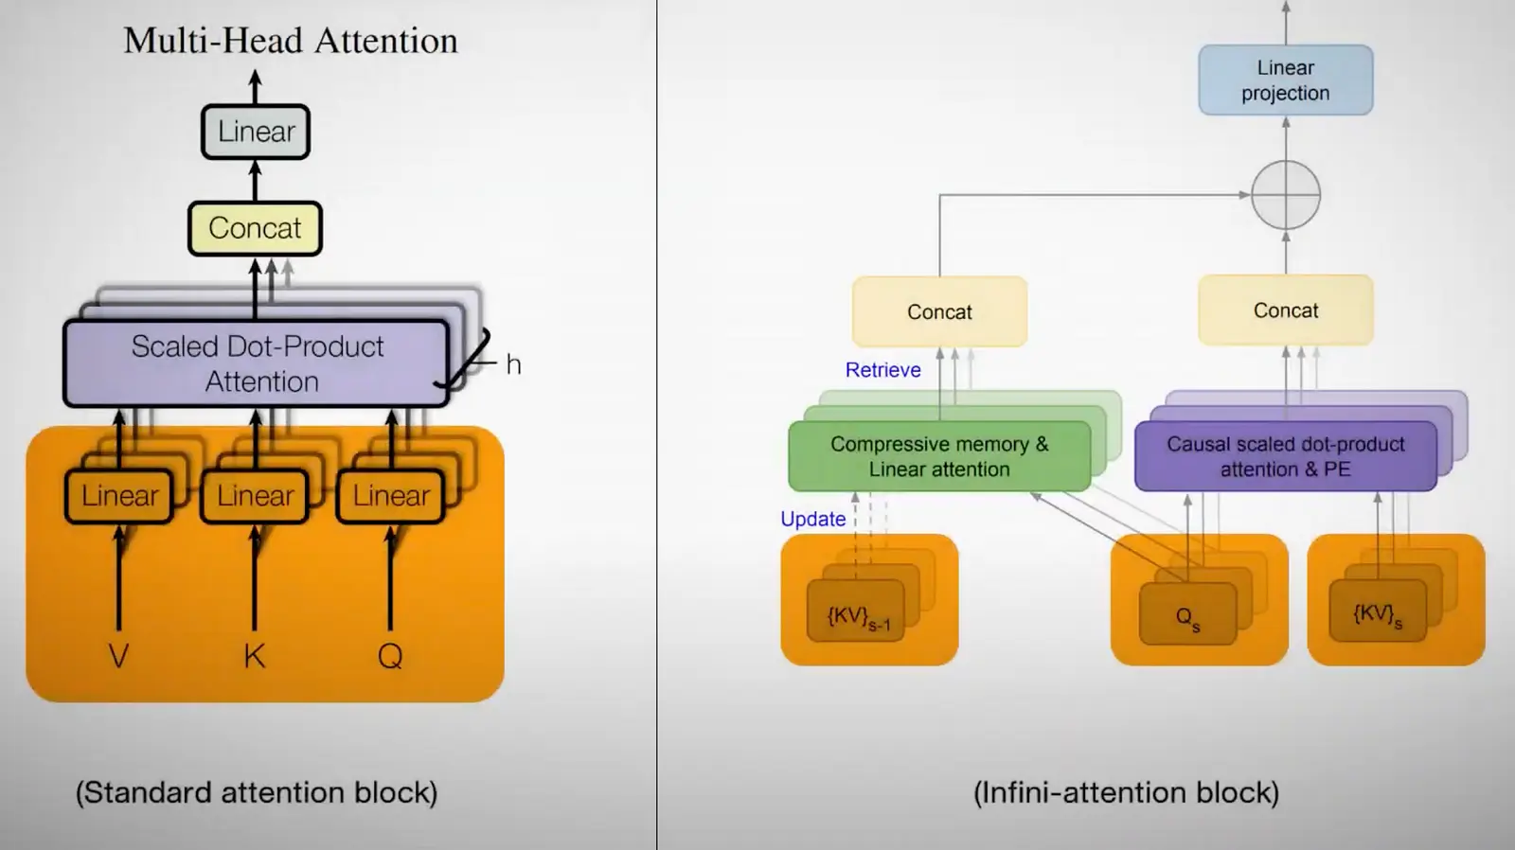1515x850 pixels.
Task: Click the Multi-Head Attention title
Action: pyautogui.click(x=291, y=41)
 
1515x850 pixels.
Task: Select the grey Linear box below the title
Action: pyautogui.click(x=256, y=132)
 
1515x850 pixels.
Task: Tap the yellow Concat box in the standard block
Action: pyautogui.click(x=255, y=228)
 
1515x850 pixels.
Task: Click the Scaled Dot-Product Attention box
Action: pyautogui.click(x=257, y=363)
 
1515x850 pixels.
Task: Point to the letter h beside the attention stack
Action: pyautogui.click(x=513, y=365)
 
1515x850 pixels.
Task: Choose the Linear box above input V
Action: pyautogui.click(x=119, y=496)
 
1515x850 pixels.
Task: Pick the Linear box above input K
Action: pyautogui.click(x=255, y=496)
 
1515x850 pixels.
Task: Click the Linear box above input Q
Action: pyautogui.click(x=391, y=496)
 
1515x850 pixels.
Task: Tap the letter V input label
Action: pyautogui.click(x=119, y=656)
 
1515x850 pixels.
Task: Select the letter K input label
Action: pyautogui.click(x=255, y=656)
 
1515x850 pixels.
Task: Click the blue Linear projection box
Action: pyautogui.click(x=1286, y=80)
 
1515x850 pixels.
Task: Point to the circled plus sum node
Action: pyautogui.click(x=1286, y=195)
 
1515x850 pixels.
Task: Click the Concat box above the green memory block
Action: pyautogui.click(x=939, y=311)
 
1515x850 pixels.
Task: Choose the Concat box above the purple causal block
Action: pyautogui.click(x=1286, y=310)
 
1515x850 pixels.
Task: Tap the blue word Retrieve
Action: pyautogui.click(x=882, y=370)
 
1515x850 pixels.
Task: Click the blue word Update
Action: pyautogui.click(x=813, y=520)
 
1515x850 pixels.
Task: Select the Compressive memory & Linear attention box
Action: pyautogui.click(x=939, y=456)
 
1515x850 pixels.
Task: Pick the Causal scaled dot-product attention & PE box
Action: pyautogui.click(x=1286, y=456)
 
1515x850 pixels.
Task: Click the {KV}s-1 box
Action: pyautogui.click(x=856, y=611)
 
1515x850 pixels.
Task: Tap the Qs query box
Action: pyautogui.click(x=1188, y=613)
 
